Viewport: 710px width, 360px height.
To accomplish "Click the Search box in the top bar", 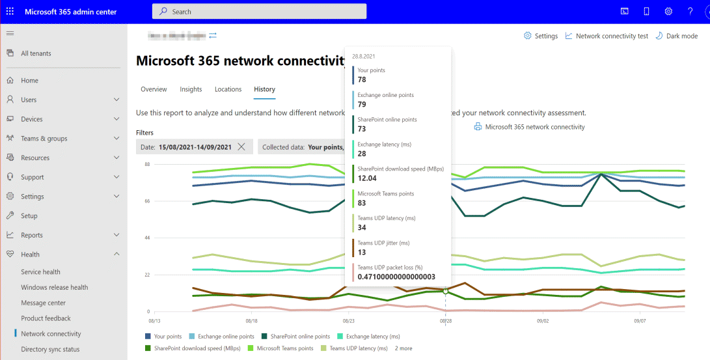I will point(259,12).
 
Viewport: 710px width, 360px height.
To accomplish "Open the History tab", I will point(264,89).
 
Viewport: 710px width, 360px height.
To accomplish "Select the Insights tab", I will point(191,89).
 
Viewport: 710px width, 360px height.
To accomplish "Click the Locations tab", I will point(228,89).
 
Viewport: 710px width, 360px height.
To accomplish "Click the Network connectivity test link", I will point(607,36).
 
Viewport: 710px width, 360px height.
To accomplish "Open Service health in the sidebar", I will point(40,272).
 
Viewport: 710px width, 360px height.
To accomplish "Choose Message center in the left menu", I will point(43,303).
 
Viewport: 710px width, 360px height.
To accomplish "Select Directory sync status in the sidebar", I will point(50,350).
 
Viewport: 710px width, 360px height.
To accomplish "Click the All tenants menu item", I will point(36,53).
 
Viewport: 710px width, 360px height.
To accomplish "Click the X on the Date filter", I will point(241,147).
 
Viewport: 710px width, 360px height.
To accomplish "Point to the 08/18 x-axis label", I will point(251,321).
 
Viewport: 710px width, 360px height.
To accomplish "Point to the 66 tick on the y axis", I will point(147,201).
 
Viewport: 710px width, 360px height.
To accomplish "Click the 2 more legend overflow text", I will point(403,348).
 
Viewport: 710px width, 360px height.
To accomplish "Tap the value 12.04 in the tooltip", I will point(367,178).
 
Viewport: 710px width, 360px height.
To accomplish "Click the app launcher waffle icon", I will point(10,12).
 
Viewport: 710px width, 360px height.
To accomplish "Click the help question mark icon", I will point(690,12).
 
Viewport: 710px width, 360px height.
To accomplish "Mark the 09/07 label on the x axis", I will point(639,321).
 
